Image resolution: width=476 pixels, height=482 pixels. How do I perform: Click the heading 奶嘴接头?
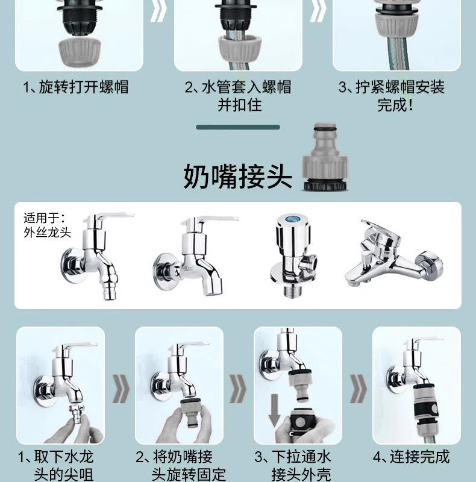tap(237, 177)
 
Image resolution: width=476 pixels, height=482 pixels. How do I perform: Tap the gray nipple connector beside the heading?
tap(325, 157)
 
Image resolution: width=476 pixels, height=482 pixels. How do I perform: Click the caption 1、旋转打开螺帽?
tap(76, 87)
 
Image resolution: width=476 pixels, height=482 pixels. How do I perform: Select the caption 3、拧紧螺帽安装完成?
tap(392, 96)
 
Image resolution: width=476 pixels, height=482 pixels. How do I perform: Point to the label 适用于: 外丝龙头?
tap(48, 225)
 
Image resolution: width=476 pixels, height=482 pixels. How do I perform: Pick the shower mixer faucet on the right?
tap(394, 252)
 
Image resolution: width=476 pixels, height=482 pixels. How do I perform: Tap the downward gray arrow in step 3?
tap(274, 410)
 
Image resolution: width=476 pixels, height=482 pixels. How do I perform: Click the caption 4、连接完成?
tap(411, 457)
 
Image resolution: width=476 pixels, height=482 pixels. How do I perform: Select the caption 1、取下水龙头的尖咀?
tap(56, 465)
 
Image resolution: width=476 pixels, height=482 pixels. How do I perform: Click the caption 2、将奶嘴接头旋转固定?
tap(181, 465)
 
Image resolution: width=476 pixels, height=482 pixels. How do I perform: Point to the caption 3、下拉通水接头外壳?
tap(293, 465)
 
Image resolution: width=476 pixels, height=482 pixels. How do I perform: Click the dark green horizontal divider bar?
tap(238, 127)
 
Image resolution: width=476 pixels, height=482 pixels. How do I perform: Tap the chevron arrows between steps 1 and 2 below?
tap(121, 389)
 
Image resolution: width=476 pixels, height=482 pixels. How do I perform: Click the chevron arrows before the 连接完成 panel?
tap(359, 389)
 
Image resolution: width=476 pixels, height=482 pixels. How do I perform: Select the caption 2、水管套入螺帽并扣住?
tap(238, 96)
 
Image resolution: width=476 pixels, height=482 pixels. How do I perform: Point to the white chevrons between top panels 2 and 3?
tap(318, 11)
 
